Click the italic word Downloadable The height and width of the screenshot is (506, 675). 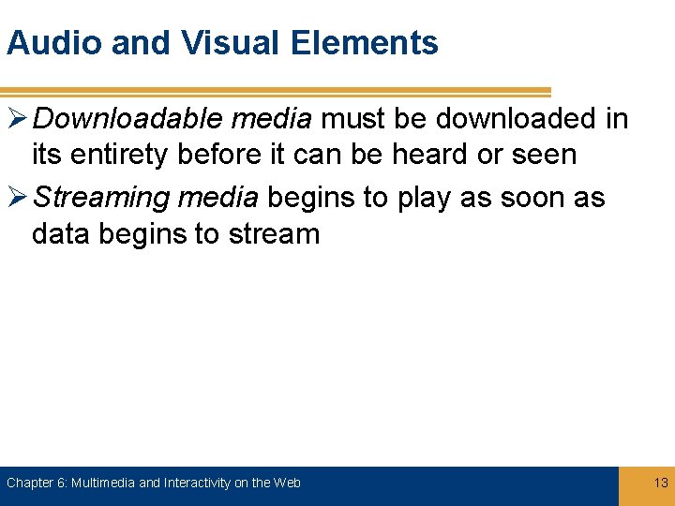121,119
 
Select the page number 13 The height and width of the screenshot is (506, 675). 661,483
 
